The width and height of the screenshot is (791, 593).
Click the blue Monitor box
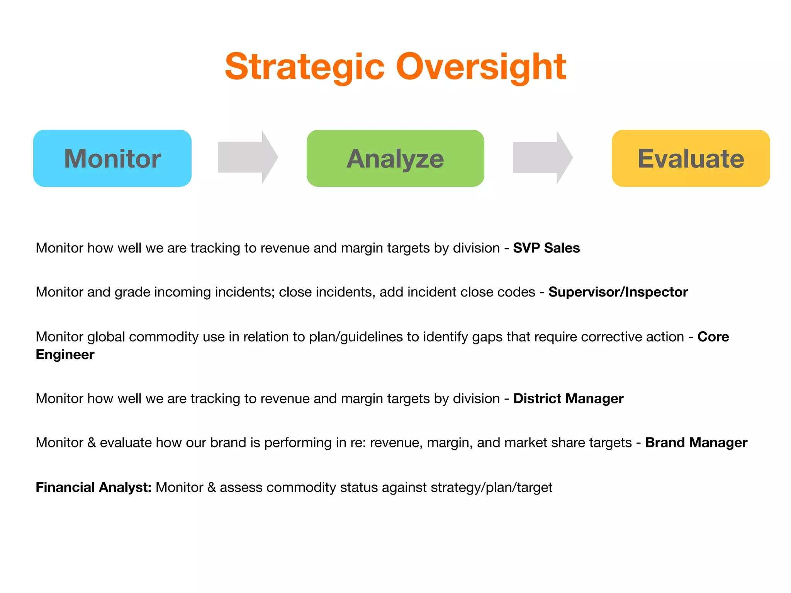tap(112, 158)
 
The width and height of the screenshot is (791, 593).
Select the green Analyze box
tap(395, 158)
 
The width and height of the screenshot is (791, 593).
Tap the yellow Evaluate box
tap(691, 158)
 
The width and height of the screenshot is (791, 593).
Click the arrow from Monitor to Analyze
tap(248, 157)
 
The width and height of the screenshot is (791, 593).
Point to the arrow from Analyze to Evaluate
tap(542, 157)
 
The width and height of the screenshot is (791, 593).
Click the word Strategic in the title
tap(305, 67)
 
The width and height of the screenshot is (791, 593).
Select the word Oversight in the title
tap(481, 67)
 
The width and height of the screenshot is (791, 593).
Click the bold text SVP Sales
tap(546, 248)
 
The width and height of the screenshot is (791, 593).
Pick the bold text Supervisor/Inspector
tap(618, 292)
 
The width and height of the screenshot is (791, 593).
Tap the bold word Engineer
tap(65, 354)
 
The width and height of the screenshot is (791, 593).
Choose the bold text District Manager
tap(568, 398)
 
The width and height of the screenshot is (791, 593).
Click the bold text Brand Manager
tap(696, 442)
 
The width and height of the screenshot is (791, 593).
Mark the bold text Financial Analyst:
tap(93, 487)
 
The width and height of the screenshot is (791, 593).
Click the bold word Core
tap(713, 337)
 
